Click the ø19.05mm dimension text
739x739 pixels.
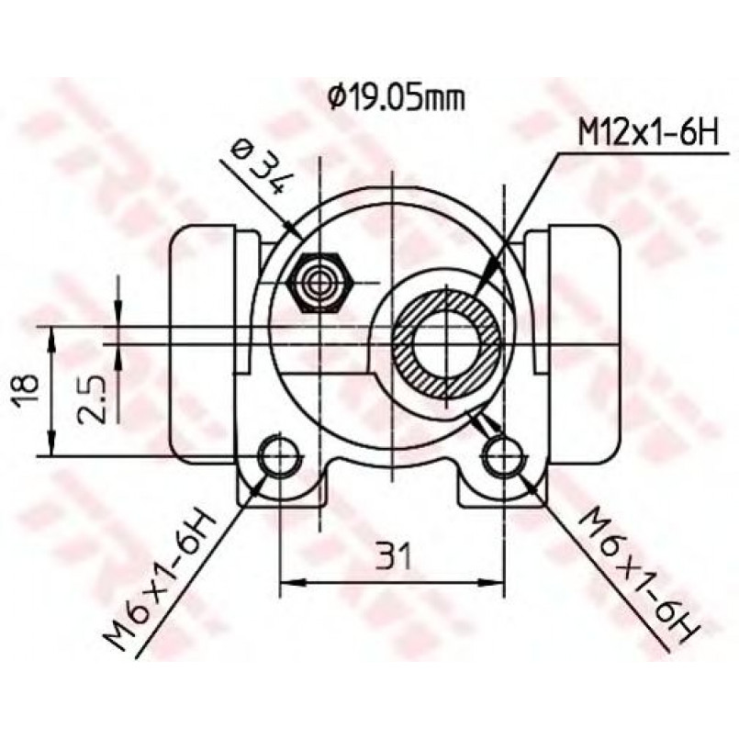(x=397, y=98)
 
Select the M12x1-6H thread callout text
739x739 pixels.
(x=648, y=133)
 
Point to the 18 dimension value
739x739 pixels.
(x=26, y=390)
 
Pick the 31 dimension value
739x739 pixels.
(x=393, y=555)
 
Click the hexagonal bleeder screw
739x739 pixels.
(x=319, y=283)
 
